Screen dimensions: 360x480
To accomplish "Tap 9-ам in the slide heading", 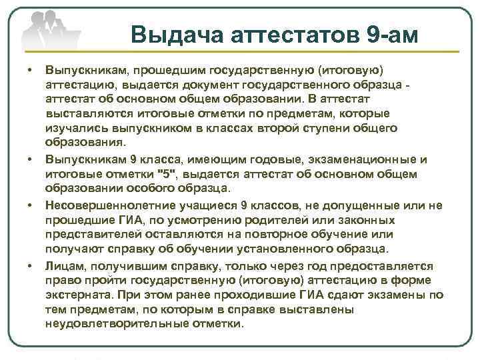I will tap(393, 33).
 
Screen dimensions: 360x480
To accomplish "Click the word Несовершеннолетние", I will tap(106, 205).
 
